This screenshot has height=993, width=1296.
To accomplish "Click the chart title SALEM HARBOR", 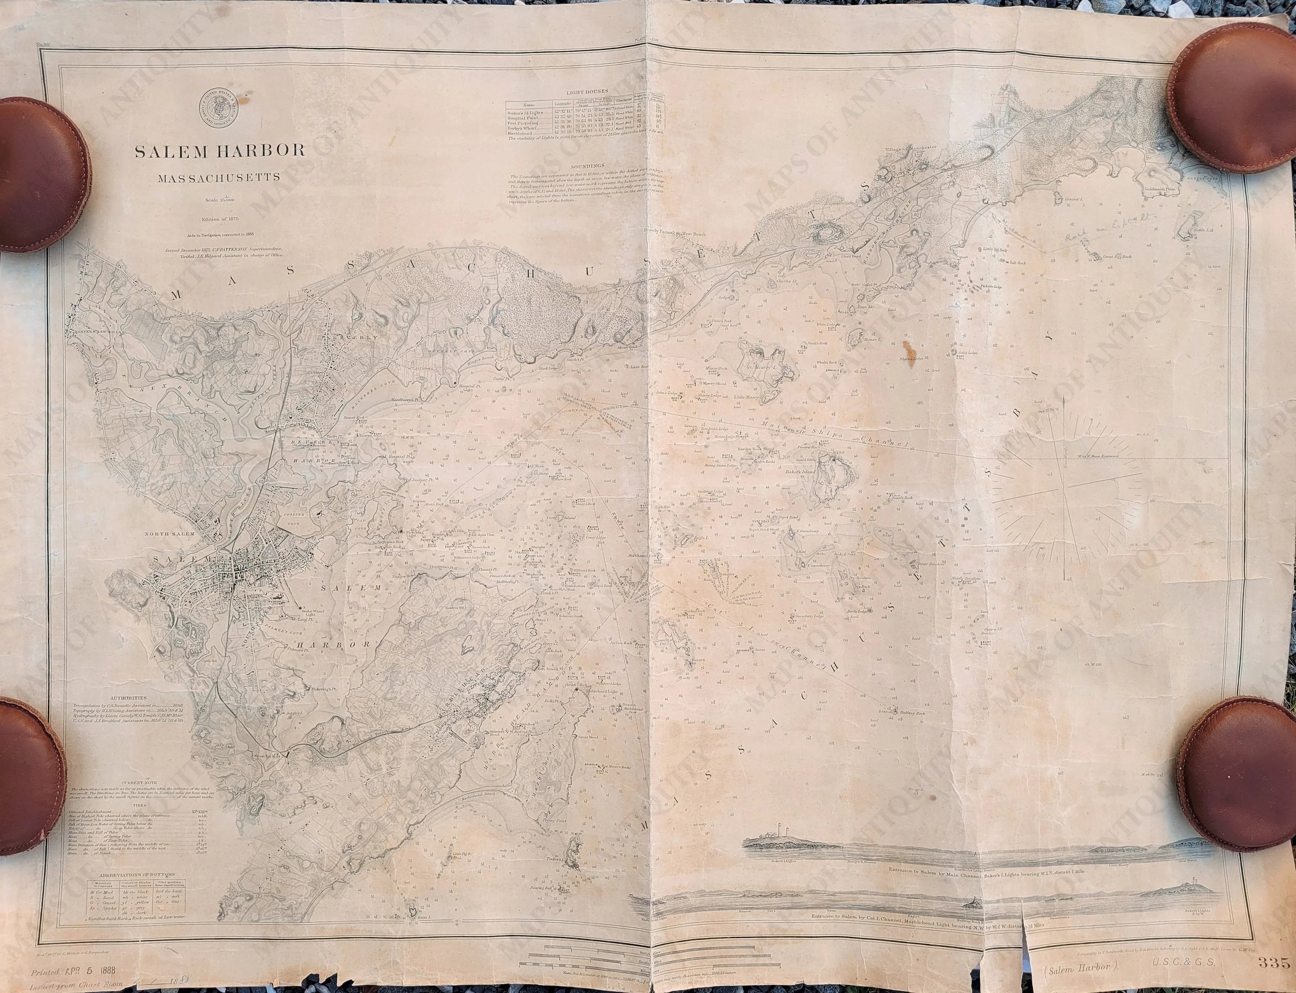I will pos(220,151).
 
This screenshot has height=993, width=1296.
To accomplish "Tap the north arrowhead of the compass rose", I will pos(1064,402).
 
